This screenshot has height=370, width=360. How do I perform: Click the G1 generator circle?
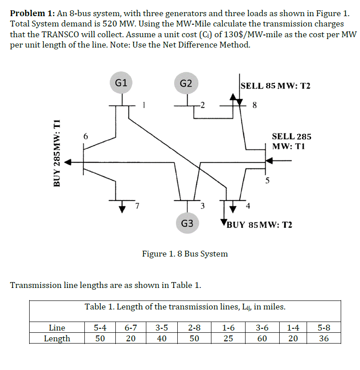tap(121, 83)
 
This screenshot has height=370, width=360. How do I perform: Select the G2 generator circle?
tap(186, 83)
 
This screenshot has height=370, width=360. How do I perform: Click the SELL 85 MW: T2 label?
tap(275, 86)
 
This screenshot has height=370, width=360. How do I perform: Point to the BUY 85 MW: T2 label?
tap(259, 224)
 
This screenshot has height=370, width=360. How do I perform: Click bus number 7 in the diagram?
tap(138, 206)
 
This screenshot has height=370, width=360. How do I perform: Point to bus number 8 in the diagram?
tap(255, 106)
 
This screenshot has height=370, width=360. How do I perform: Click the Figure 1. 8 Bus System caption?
tap(185, 254)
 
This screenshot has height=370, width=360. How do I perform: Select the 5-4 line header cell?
tap(100, 328)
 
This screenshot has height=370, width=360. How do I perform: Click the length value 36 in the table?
tap(324, 338)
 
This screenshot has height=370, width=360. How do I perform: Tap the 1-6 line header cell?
tap(228, 328)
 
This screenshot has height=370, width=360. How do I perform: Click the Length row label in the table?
tap(57, 338)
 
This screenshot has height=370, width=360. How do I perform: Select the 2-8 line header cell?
tap(194, 328)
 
